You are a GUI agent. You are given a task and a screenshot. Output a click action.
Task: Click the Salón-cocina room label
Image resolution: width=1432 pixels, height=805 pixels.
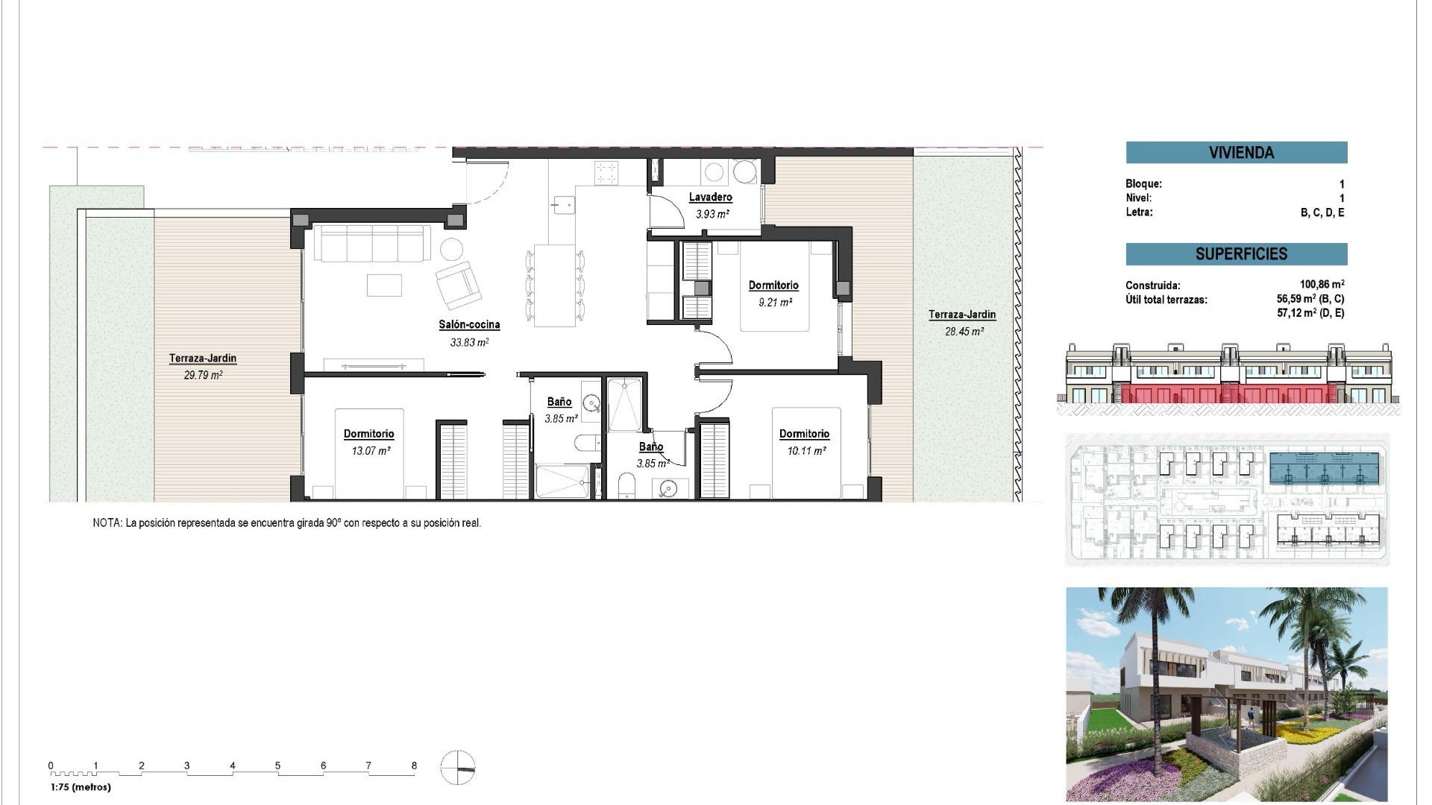[x=469, y=325]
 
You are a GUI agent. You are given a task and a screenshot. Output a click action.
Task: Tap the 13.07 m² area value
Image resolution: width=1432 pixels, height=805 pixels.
[x=371, y=451]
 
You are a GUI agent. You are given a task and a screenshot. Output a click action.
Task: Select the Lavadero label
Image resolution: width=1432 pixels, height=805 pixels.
[x=710, y=198]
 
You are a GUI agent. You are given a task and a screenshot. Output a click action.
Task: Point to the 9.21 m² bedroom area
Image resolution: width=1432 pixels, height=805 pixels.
[x=775, y=303]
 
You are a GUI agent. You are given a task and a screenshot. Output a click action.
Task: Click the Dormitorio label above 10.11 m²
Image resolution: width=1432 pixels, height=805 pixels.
[x=804, y=434]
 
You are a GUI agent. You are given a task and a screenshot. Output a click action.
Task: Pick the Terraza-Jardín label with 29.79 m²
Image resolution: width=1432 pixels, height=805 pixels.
[x=203, y=359]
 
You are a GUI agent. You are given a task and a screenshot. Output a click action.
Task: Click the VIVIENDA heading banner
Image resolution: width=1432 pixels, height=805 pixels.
[x=1236, y=153]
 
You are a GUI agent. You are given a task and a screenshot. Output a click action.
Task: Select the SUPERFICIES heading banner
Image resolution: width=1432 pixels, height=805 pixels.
[x=1236, y=254]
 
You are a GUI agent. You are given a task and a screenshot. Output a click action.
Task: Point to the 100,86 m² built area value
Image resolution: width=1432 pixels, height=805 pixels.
[x=1322, y=285]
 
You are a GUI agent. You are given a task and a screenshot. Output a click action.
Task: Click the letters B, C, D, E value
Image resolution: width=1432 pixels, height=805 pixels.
[x=1322, y=212]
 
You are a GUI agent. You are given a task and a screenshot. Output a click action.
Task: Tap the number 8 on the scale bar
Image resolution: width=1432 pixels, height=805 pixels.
[x=414, y=765]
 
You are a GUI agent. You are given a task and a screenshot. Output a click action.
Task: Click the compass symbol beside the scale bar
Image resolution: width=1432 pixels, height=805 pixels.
[x=457, y=768]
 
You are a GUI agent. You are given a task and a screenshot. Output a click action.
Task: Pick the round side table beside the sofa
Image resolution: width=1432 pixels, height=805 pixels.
[x=451, y=248]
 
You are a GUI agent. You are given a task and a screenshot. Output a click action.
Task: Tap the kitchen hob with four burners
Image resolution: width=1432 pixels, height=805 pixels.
[x=606, y=173]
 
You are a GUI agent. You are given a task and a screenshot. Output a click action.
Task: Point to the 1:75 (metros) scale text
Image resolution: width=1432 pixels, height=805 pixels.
[x=81, y=787]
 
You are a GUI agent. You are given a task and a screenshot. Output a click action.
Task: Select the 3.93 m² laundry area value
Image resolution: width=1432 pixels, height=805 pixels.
[x=712, y=215]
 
